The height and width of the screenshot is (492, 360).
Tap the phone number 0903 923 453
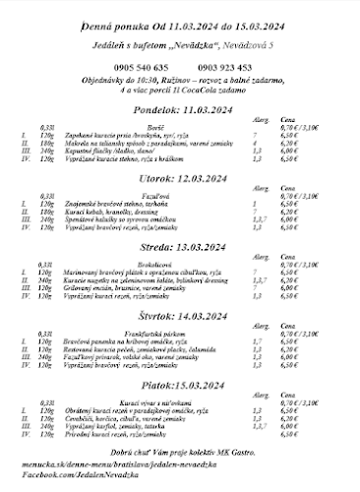point(224,66)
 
